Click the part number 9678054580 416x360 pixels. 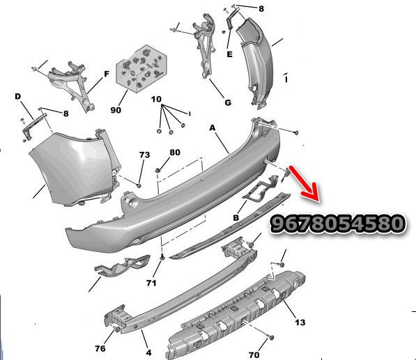coord(337,223)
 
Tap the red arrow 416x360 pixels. coord(306,185)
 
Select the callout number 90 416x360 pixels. coord(116,110)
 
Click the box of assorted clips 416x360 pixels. coord(141,69)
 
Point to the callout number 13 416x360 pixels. coord(300,322)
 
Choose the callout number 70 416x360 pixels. coord(254,354)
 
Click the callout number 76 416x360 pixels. coord(100,348)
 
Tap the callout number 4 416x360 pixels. coord(149,352)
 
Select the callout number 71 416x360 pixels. coord(151,283)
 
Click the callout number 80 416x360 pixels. coord(175,152)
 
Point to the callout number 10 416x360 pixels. coord(156,99)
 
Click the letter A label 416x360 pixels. coord(213,128)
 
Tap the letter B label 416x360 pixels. coord(236,218)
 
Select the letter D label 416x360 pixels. coord(17,97)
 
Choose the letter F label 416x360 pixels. coord(107,74)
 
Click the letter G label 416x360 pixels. coord(228,102)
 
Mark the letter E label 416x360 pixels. coord(229,54)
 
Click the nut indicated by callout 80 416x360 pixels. coord(158,170)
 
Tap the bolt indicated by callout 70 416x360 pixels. coord(270,338)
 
